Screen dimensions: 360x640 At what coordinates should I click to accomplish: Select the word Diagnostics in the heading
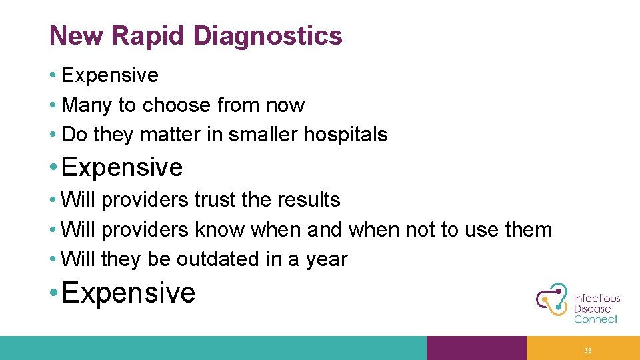click(x=267, y=35)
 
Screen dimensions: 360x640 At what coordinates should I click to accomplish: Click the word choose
click(x=177, y=105)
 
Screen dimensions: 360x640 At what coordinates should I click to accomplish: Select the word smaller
click(x=263, y=135)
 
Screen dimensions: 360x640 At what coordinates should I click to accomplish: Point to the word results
click(x=309, y=199)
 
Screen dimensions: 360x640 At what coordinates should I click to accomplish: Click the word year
click(x=326, y=259)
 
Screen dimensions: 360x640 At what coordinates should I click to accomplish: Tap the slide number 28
click(x=587, y=350)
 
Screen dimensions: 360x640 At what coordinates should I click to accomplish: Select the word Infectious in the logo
click(x=597, y=299)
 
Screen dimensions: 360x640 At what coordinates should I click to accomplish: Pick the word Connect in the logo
click(x=595, y=319)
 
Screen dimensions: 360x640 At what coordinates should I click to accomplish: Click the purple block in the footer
click(x=476, y=348)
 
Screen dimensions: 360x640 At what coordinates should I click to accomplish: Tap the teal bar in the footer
click(x=213, y=348)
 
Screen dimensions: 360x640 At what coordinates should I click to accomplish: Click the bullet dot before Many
click(x=52, y=105)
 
